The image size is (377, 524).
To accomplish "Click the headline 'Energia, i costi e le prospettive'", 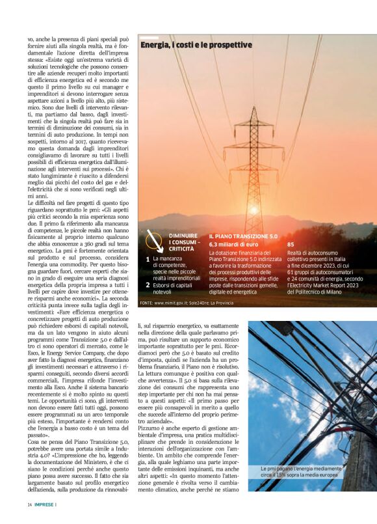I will point(196,44).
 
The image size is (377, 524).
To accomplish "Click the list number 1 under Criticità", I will point(148,259).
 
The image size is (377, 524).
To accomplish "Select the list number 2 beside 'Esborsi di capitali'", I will point(148,285).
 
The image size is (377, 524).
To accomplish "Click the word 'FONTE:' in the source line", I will point(146,303).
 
